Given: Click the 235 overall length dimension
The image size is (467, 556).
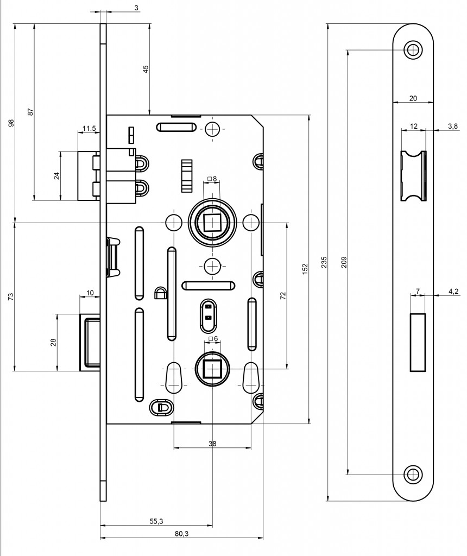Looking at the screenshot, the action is coord(324,262).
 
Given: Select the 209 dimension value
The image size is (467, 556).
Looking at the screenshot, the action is coord(344,262).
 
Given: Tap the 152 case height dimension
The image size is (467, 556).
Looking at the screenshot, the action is coord(305,269).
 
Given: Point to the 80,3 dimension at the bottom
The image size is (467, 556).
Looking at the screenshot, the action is coord(181,534).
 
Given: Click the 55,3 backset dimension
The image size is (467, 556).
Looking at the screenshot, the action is coord(156,521).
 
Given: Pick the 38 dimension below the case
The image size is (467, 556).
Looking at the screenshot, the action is coord(212,444).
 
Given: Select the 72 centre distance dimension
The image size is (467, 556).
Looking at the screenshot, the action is coord(282,296).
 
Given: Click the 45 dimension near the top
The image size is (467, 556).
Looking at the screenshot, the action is coord(146,69).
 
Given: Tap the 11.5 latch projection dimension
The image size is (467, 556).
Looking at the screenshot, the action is coord(89,128).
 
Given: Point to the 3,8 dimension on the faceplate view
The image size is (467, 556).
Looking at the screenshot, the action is coord(452,126).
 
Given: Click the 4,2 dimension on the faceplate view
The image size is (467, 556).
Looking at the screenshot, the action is coord(453,292).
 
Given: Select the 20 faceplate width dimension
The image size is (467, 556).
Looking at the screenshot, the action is coord(413,98).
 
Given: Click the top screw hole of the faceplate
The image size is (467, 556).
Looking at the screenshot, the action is coord(413,50).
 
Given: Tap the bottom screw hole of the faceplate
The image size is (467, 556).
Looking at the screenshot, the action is coord(413,474).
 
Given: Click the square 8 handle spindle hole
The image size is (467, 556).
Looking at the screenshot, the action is coord(212,223).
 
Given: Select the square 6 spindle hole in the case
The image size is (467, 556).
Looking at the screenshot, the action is coord(212,369).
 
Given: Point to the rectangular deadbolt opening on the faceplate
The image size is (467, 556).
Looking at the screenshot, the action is coord(418,343).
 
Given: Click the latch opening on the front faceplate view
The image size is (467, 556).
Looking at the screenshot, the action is coord(413,176).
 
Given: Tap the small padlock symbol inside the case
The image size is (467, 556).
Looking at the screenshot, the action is coord(160,293).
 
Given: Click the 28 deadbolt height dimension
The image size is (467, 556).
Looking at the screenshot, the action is coord(53,343).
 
